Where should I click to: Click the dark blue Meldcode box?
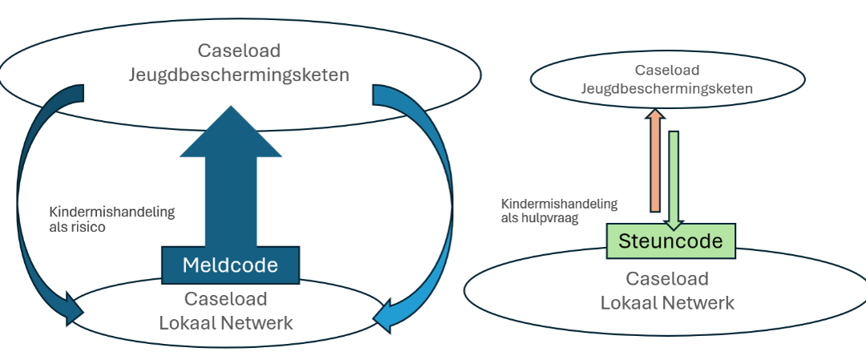(x=230, y=265)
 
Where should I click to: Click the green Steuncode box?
(x=670, y=241)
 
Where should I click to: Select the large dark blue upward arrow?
(x=231, y=184)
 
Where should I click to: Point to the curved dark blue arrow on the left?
(x=32, y=200)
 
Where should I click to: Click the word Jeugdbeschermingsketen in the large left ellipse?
(x=240, y=75)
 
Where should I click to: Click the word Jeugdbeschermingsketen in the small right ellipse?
(x=667, y=88)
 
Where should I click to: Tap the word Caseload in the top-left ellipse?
(x=240, y=51)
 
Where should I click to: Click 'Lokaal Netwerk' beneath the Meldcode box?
(x=226, y=323)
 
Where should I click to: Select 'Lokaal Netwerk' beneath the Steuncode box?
(x=667, y=302)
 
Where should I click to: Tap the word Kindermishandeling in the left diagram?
(x=111, y=212)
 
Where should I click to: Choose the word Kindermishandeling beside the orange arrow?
(x=559, y=204)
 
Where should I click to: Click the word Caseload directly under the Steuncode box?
(x=667, y=279)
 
